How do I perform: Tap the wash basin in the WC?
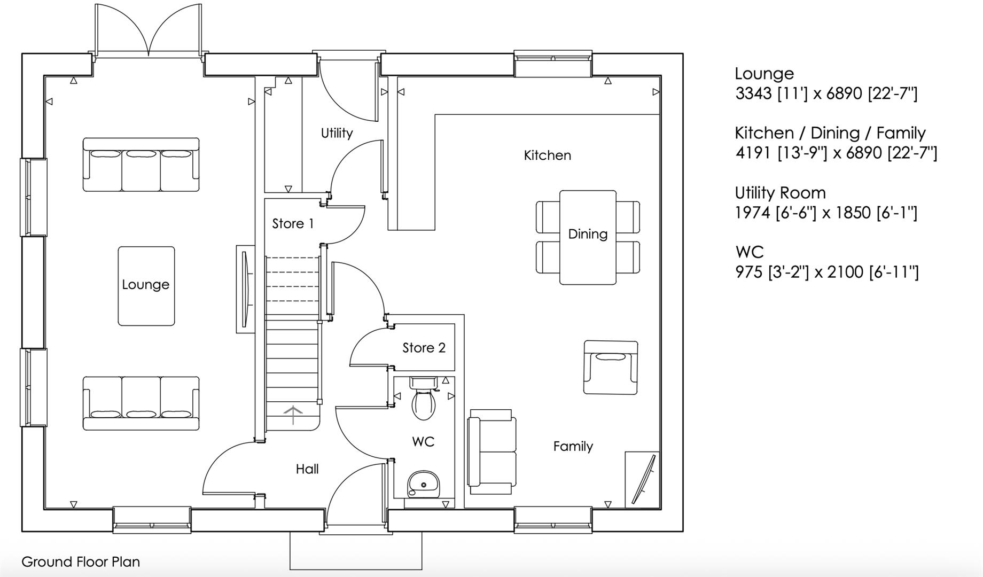click(423, 484)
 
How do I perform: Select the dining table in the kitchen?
click(588, 238)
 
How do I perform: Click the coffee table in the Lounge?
click(146, 286)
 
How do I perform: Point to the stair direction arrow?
click(293, 415)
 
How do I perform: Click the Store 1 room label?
click(293, 223)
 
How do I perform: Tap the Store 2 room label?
click(424, 348)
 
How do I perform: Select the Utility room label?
click(337, 133)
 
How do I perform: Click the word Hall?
click(307, 469)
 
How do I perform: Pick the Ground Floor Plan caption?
click(81, 562)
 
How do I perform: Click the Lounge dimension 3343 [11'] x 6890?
click(826, 94)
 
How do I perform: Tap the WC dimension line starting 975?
click(826, 272)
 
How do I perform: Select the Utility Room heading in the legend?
click(780, 192)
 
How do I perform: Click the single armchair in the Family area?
click(611, 367)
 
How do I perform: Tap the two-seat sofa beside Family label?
click(492, 452)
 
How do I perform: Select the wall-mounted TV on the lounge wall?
click(246, 289)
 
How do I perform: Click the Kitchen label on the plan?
click(547, 155)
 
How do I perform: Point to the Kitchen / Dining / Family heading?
click(830, 133)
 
